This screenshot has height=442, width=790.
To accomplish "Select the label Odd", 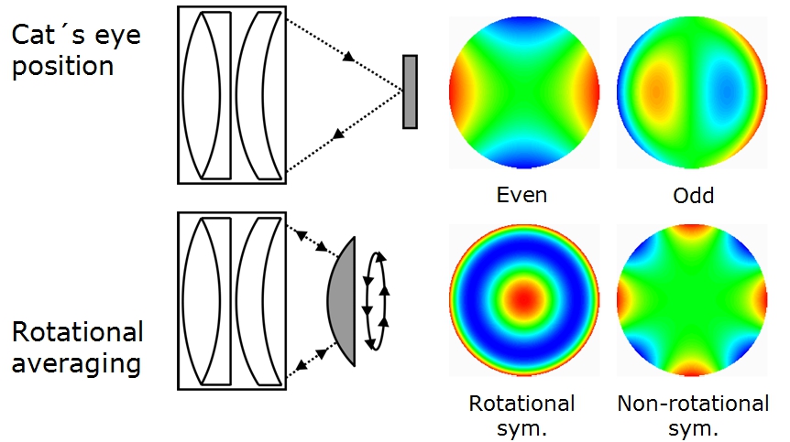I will [691, 194].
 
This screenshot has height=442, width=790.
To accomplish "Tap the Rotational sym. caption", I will [522, 415].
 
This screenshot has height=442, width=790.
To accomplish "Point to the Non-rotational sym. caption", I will [693, 415].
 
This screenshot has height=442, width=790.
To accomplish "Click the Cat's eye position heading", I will [62, 51].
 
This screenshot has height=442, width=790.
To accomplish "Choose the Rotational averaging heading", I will [78, 347].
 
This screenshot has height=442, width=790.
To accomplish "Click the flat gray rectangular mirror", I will [410, 92].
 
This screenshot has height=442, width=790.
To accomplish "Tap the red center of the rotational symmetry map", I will [523, 298].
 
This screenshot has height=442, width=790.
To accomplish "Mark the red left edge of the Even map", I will [458, 92].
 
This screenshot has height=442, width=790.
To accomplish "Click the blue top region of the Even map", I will [523, 32].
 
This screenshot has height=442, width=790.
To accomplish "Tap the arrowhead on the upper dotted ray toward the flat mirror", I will [348, 59].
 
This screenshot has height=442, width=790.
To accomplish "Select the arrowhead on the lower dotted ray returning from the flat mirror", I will [338, 135].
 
